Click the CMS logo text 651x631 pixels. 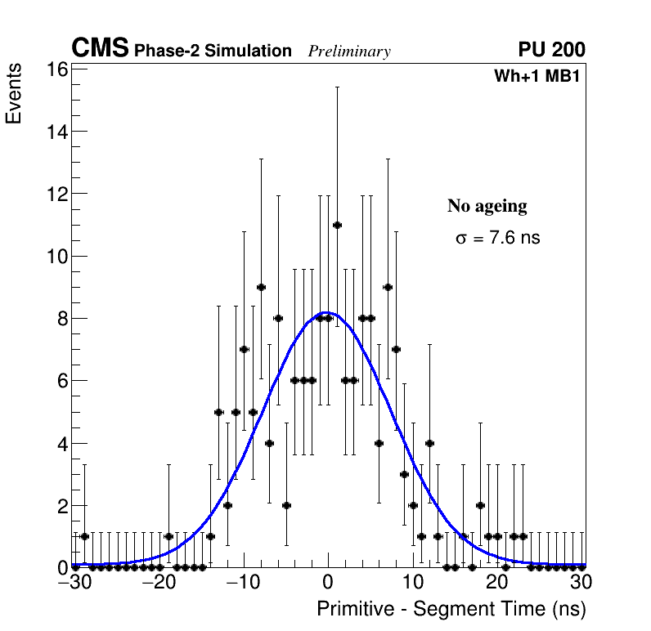point(100,49)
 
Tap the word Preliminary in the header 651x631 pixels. point(349,51)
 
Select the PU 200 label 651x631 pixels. point(551,50)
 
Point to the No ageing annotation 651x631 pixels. point(487,206)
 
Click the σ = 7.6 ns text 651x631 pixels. point(497,239)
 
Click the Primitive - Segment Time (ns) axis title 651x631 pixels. point(451,609)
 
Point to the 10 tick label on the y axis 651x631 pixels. point(56,256)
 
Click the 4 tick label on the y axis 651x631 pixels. point(61,443)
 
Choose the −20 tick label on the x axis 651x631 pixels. point(159,582)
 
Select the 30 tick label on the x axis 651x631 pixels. point(581,582)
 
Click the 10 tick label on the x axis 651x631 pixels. point(412,582)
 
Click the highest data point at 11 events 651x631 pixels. point(337,225)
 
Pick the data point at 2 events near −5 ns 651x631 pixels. point(286,505)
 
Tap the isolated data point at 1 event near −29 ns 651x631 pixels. point(84,536)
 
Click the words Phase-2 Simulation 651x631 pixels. point(213,51)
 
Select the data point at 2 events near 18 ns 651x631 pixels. point(480,505)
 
